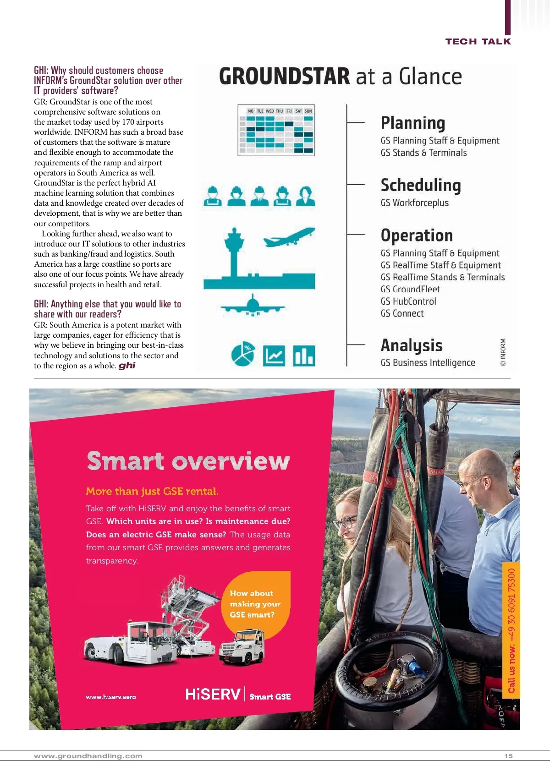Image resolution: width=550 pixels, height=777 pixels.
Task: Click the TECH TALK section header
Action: click(478, 42)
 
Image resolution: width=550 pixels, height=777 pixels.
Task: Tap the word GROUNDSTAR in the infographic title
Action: click(284, 77)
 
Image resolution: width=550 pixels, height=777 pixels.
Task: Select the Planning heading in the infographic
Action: click(413, 123)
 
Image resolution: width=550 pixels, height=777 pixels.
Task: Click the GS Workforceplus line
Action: click(414, 202)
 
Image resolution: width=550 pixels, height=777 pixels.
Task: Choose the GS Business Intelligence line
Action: click(428, 362)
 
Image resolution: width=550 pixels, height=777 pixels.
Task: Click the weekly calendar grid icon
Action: click(276, 131)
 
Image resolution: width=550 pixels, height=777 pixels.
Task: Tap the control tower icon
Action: click(234, 252)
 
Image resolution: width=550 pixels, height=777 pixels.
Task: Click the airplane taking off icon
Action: click(289, 236)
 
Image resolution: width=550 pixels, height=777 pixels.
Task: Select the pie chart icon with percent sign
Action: click(243, 354)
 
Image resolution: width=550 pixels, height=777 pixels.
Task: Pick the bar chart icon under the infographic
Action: click(304, 356)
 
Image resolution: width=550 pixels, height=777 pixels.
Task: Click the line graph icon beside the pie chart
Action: click(274, 356)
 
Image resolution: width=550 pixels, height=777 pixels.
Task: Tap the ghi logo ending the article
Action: click(127, 366)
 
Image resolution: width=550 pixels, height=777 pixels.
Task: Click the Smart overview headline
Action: click(188, 461)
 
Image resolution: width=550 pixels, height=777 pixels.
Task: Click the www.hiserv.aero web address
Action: click(111, 697)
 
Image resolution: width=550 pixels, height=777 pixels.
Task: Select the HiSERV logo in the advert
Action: click(213, 695)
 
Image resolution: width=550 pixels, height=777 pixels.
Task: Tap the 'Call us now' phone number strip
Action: click(511, 630)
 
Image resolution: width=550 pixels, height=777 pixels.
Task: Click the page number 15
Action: click(508, 756)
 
